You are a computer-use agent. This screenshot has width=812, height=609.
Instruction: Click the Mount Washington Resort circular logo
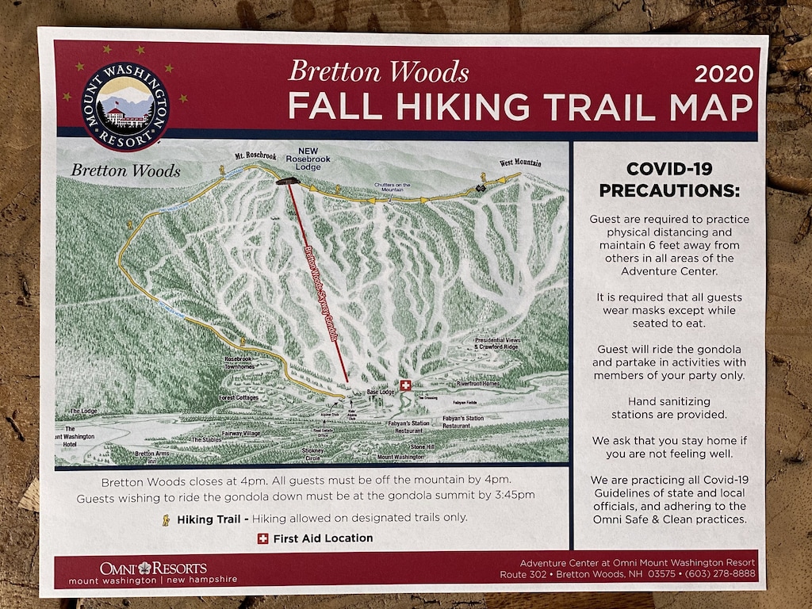click(x=125, y=106)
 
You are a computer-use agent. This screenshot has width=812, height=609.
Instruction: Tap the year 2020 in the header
click(x=722, y=75)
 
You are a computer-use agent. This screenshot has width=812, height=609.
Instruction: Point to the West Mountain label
click(x=520, y=163)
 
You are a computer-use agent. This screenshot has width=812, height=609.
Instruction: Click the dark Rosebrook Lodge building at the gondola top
click(x=286, y=182)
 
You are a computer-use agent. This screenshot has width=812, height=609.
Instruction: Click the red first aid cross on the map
click(x=406, y=385)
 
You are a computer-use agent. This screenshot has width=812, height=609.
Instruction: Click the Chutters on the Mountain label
click(x=393, y=187)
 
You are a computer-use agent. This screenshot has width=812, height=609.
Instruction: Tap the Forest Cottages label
click(x=239, y=397)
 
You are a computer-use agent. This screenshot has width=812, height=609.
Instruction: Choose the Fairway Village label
click(x=240, y=434)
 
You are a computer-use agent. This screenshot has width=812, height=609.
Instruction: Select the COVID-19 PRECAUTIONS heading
click(x=668, y=179)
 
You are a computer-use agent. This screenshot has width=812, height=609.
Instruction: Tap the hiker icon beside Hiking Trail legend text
click(x=166, y=519)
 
